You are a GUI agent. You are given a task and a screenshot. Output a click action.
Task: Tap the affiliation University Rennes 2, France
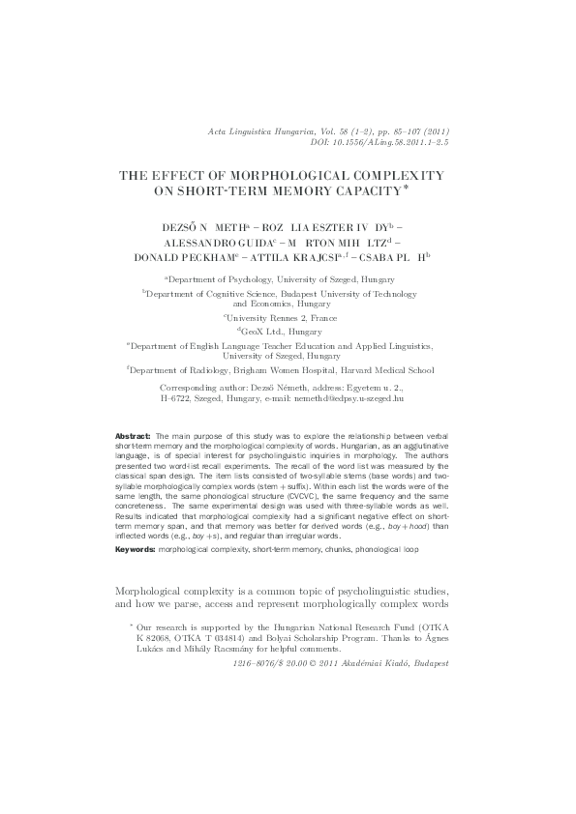pyautogui.click(x=288, y=316)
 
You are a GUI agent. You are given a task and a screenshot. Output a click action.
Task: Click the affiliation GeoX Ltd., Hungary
pyautogui.click(x=288, y=331)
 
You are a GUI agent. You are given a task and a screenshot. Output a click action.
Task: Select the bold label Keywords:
pyautogui.click(x=135, y=550)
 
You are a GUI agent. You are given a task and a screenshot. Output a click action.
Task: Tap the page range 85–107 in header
pyautogui.click(x=396, y=131)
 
